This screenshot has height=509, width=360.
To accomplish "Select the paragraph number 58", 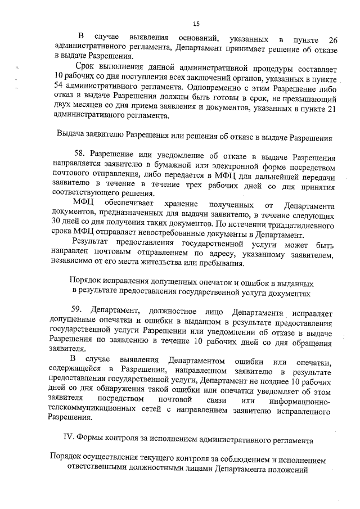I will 82,158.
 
